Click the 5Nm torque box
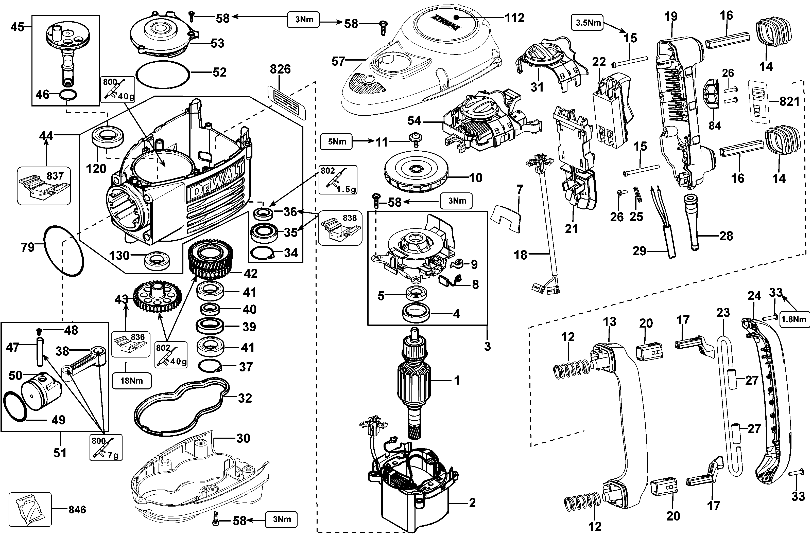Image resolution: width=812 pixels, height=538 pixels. pyautogui.click(x=336, y=141)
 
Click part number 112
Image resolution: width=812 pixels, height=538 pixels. pyautogui.click(x=514, y=17)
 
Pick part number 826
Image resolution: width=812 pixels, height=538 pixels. pyautogui.click(x=280, y=69)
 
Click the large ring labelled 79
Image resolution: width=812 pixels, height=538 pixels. pyautogui.click(x=64, y=250)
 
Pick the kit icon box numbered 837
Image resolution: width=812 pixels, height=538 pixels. pyautogui.click(x=44, y=186)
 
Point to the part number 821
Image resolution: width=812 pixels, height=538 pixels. pyautogui.click(x=789, y=102)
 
